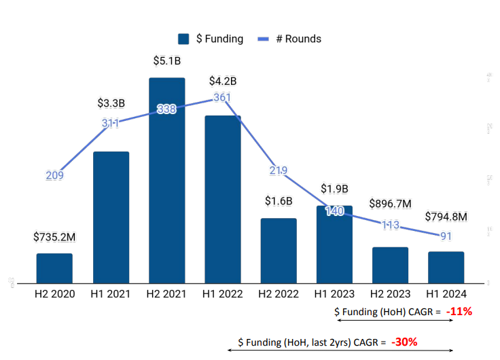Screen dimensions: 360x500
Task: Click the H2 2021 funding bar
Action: pos(166,180)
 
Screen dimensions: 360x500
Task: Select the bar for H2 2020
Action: pos(54,268)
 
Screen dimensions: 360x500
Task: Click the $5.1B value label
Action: pos(167,61)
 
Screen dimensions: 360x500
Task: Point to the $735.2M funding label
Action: pos(54,237)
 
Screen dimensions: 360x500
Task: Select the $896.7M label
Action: pos(390,204)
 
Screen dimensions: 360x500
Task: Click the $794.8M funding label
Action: pos(446,217)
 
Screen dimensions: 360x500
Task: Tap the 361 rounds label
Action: pos(223,97)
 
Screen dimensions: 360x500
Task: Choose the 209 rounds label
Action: pos(54,175)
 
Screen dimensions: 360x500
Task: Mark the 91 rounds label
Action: pos(446,236)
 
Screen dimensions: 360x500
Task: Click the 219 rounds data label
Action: pos(279,170)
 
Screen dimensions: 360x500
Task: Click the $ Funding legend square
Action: pos(183,39)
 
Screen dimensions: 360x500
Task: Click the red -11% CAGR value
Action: pos(459,312)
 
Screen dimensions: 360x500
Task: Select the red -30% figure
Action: pos(403,342)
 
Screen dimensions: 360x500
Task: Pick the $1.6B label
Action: pos(279,201)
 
